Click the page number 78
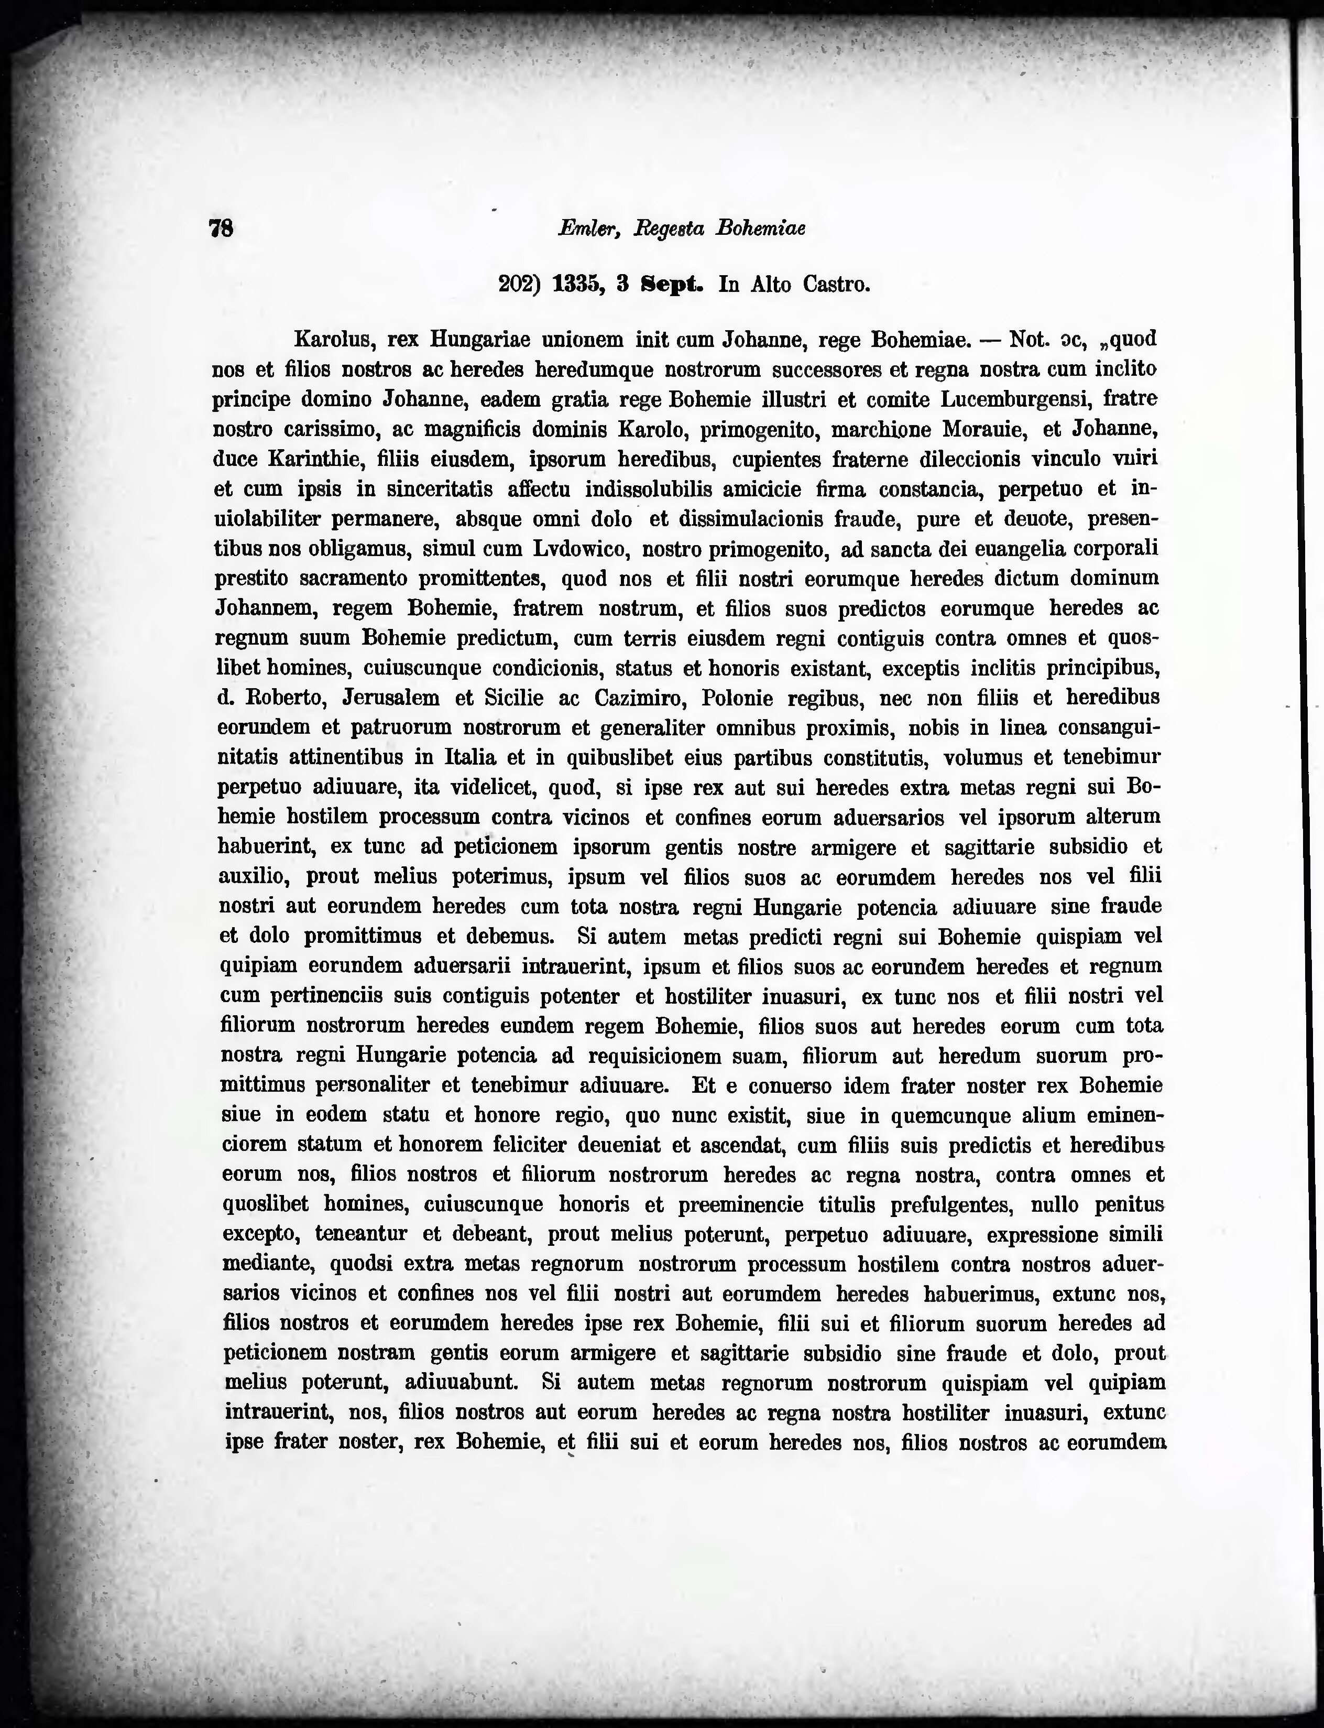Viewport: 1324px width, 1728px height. (221, 228)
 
